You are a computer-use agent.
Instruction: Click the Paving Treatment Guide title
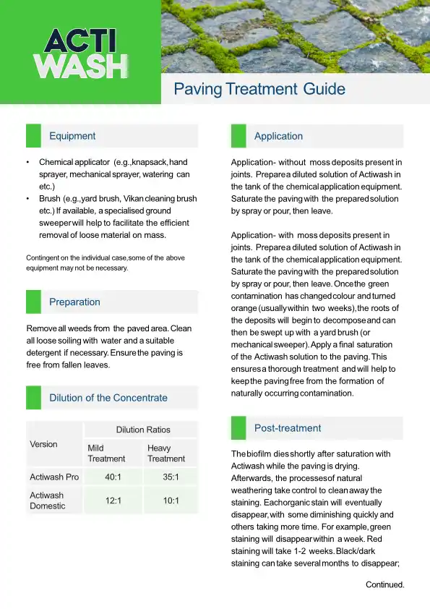(x=259, y=90)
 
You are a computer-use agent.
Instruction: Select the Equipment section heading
(x=72, y=136)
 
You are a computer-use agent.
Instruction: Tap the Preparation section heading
(x=74, y=302)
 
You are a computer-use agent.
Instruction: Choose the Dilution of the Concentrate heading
(x=108, y=398)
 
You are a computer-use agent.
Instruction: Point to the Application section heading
(x=278, y=136)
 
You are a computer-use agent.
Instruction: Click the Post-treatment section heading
(x=288, y=428)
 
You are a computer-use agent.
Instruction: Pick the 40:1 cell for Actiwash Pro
(x=112, y=477)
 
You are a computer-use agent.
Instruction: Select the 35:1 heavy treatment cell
(x=170, y=477)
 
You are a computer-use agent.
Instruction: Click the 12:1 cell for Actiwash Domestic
(x=112, y=501)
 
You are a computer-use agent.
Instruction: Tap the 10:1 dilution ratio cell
(x=170, y=501)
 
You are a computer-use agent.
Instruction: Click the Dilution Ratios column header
(x=143, y=430)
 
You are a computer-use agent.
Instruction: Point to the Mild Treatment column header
(x=106, y=453)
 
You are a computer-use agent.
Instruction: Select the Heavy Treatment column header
(x=166, y=453)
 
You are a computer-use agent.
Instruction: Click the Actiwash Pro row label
(x=54, y=477)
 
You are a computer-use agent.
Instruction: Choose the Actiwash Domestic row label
(x=48, y=501)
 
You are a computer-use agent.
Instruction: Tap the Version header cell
(x=43, y=444)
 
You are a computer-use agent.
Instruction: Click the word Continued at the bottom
(x=384, y=584)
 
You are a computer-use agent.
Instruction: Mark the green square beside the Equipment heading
(x=33, y=136)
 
